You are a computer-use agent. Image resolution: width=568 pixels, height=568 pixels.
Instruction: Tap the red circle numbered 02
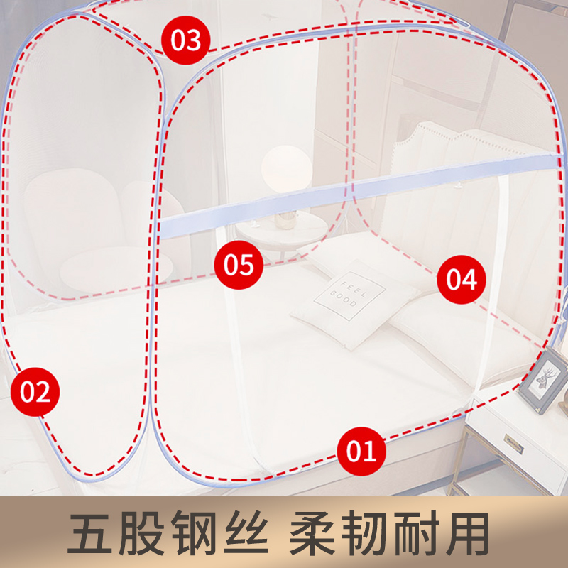coord(35,392)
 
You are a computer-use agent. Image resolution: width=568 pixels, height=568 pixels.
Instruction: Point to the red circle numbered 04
coord(462,280)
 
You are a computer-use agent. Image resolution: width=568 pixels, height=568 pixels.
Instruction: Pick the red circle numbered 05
coord(239,265)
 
